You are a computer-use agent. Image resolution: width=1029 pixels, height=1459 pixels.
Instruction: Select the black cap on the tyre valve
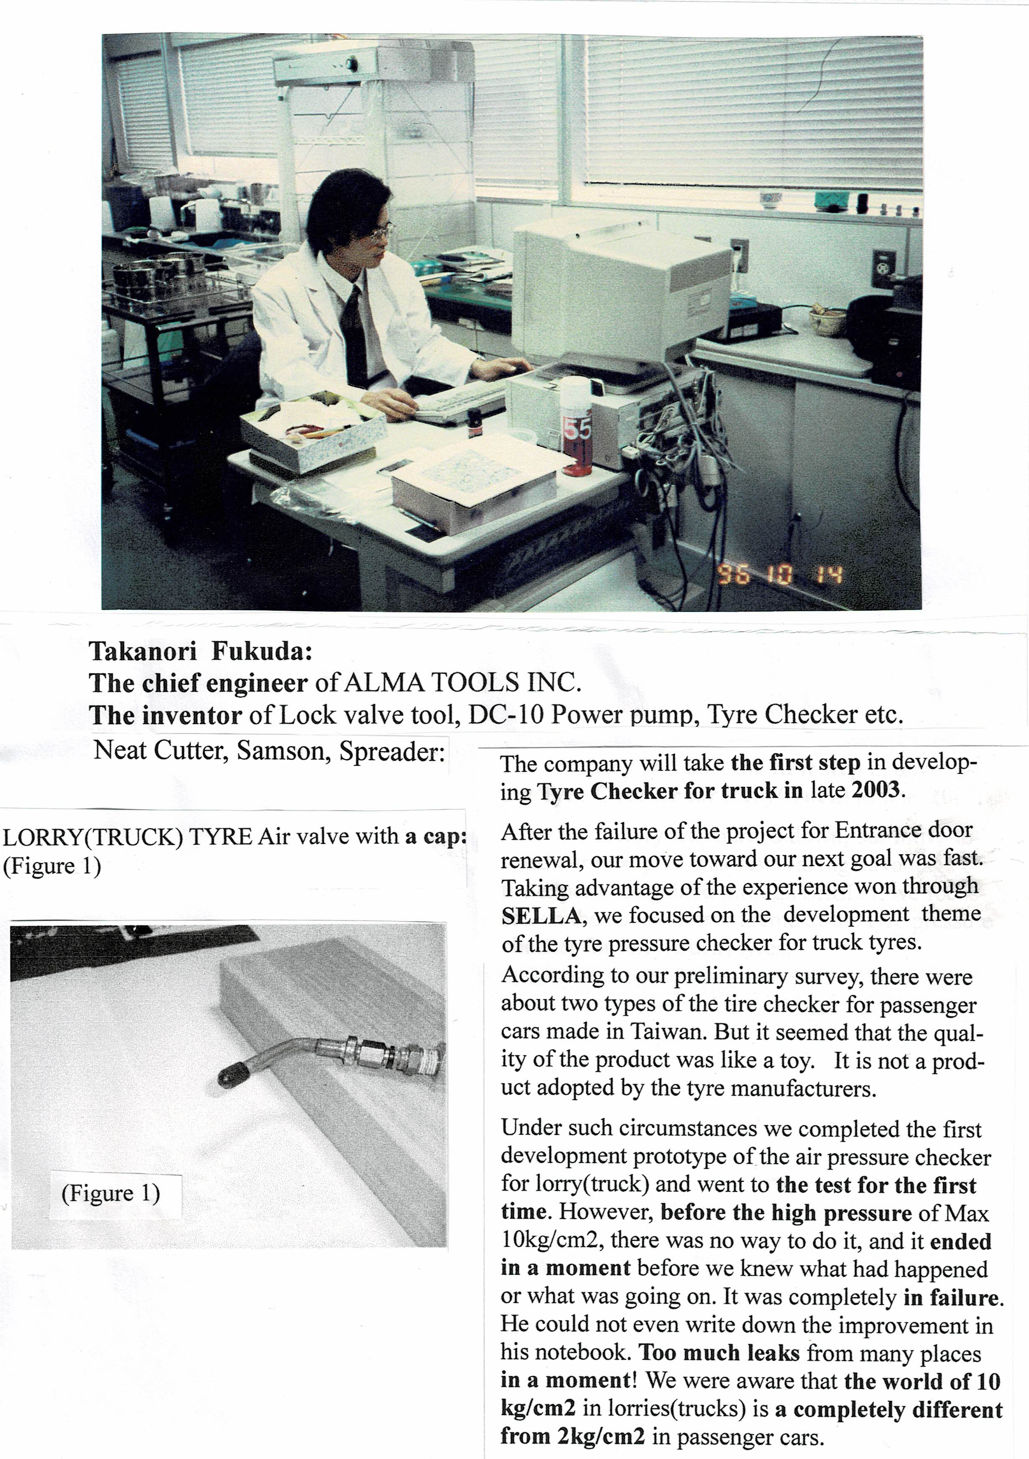point(228,1075)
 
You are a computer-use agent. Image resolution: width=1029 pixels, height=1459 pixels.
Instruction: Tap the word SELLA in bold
point(541,916)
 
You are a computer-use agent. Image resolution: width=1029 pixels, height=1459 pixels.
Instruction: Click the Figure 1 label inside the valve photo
point(111,1193)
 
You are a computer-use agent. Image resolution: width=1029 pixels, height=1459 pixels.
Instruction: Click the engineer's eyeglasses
point(382,232)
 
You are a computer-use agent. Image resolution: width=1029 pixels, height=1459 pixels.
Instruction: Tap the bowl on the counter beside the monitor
point(827,321)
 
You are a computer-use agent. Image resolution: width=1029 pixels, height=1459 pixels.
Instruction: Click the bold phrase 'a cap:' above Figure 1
point(436,836)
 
